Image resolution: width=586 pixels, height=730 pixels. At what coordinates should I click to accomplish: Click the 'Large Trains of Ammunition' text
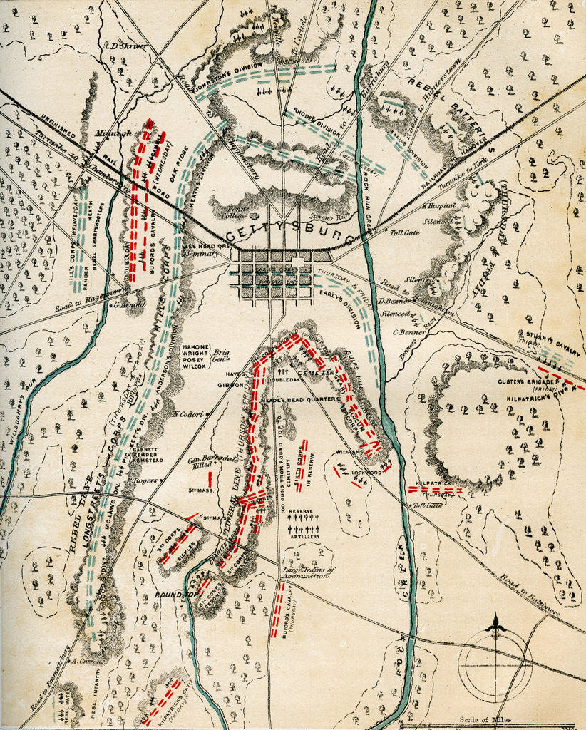pyautogui.click(x=307, y=575)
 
